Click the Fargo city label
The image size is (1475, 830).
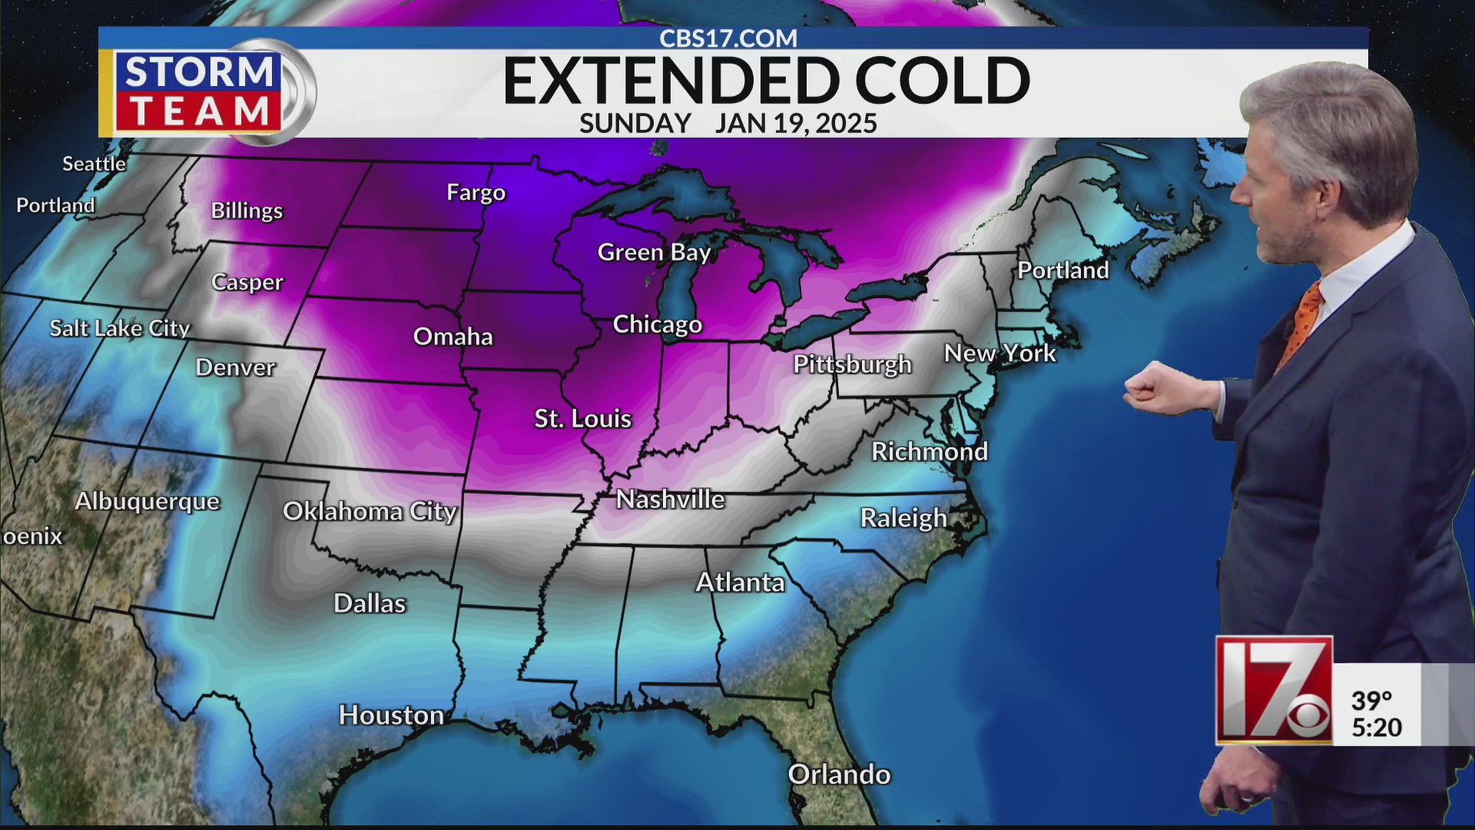pyautogui.click(x=476, y=192)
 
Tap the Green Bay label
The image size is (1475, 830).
pyautogui.click(x=654, y=252)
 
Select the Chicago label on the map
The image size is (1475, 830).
pyautogui.click(x=657, y=324)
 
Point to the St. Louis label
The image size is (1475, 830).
pyautogui.click(x=582, y=419)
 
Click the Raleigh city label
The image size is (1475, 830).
pyautogui.click(x=903, y=518)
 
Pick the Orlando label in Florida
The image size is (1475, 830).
pyautogui.click(x=839, y=774)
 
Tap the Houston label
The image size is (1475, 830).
pyautogui.click(x=391, y=715)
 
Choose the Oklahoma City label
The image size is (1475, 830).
pyautogui.click(x=370, y=511)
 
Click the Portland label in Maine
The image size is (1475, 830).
pyautogui.click(x=1062, y=271)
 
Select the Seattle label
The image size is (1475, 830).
pyautogui.click(x=94, y=164)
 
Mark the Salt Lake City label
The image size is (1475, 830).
pyautogui.click(x=119, y=328)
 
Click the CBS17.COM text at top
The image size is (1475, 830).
pyautogui.click(x=728, y=38)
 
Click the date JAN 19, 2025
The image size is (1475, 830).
pyautogui.click(x=795, y=123)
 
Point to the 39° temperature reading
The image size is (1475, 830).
pyautogui.click(x=1371, y=700)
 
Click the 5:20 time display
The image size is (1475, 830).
pyautogui.click(x=1377, y=727)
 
